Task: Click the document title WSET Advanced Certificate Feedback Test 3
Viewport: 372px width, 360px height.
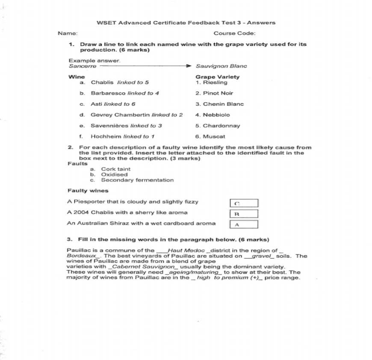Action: coord(186,23)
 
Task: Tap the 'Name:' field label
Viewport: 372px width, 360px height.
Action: coord(68,33)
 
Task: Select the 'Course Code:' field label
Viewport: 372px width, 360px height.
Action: coord(234,33)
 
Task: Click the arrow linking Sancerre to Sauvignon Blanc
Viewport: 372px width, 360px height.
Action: coord(145,66)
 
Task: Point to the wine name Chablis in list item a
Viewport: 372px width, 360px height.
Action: coord(102,83)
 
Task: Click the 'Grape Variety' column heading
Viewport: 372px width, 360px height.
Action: coord(217,77)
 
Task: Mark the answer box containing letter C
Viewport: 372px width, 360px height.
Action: coord(244,203)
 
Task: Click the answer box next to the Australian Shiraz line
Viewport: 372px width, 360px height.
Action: coord(244,224)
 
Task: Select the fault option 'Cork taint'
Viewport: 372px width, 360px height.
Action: coord(115,169)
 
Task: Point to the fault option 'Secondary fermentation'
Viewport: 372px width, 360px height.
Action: coord(137,180)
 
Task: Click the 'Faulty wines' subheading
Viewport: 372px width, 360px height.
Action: coord(88,191)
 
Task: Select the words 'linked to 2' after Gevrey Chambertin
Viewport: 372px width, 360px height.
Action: coord(168,115)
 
